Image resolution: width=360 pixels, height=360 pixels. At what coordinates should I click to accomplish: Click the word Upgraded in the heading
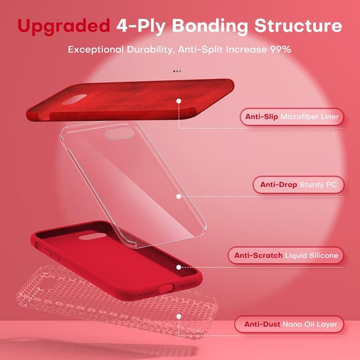63,26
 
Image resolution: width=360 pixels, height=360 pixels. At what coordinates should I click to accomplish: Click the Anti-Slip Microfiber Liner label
292,117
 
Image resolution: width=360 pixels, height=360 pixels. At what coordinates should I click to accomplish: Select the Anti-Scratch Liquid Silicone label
286,255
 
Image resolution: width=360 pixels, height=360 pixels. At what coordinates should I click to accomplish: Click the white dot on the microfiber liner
178,102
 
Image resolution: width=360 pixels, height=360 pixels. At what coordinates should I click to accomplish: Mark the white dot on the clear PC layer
178,196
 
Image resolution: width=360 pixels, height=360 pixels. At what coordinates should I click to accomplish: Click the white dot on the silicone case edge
178,267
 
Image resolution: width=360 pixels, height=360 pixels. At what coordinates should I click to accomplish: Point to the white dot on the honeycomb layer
178,317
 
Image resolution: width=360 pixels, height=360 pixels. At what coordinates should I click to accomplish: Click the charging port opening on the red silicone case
166,287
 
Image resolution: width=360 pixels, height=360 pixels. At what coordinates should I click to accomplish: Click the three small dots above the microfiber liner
178,71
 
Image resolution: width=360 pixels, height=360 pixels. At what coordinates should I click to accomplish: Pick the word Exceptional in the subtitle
93,49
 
